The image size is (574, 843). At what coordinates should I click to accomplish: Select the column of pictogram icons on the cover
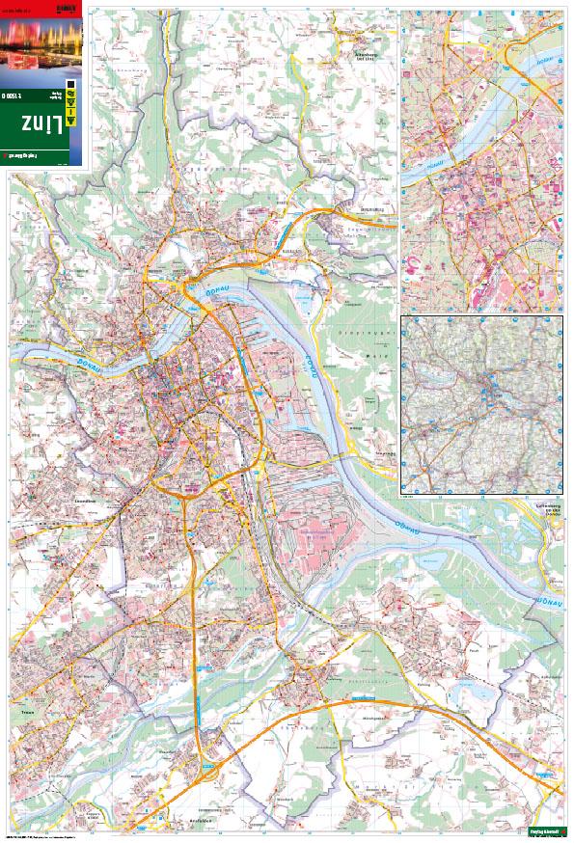click(x=68, y=106)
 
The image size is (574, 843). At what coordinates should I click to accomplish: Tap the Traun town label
click(x=25, y=716)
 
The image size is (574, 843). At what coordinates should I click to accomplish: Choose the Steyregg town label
click(x=371, y=208)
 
